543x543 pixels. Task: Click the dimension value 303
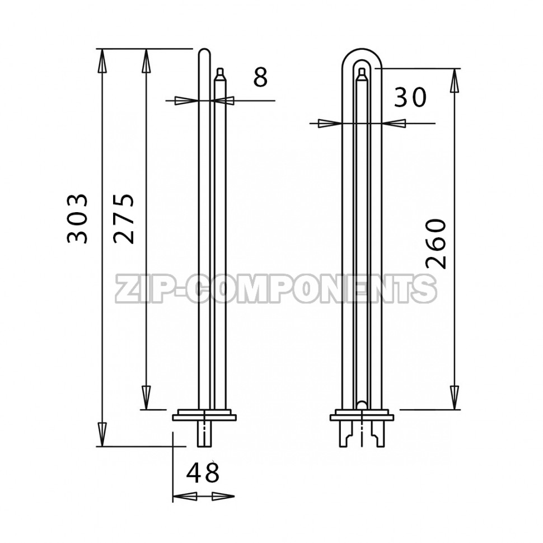tap(77, 218)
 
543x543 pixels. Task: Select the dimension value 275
tap(123, 218)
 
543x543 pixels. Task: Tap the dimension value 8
tap(260, 77)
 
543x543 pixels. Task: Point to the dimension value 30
tap(410, 97)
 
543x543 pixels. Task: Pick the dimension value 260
tap(435, 244)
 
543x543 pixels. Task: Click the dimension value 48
tap(203, 472)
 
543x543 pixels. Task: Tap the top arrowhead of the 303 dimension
tap(101, 60)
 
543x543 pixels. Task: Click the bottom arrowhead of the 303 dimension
tap(101, 434)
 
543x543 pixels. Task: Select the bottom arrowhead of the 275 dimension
tap(147, 397)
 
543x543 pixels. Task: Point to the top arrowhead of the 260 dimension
tap(454, 81)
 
